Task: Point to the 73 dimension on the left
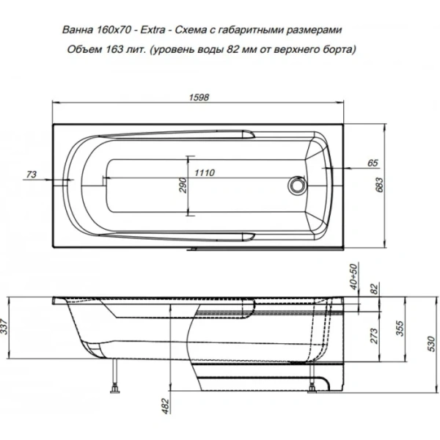(31, 174)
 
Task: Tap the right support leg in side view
(316, 386)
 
